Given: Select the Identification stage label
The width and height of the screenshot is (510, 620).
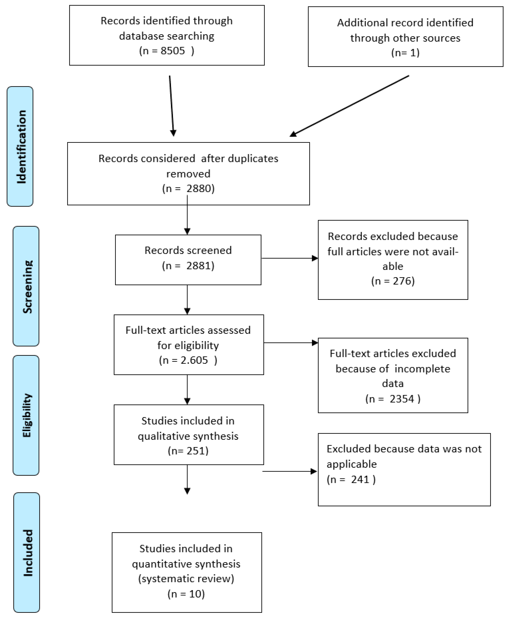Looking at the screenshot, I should point(21,146).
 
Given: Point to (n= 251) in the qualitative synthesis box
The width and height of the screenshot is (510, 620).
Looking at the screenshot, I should point(188,451).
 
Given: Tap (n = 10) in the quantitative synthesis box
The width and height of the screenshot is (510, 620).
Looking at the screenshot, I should point(186,594).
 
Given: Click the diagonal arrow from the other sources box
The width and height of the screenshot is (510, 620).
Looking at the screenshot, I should point(350,106).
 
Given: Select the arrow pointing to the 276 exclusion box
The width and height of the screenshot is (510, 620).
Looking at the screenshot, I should point(289,258).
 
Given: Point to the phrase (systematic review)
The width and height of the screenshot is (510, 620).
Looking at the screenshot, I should point(186,579).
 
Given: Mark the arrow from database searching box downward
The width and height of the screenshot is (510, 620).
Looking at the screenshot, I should point(172,106).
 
